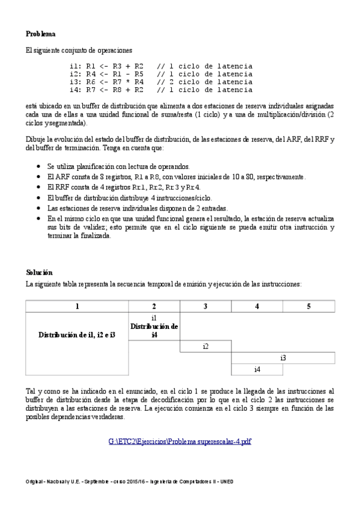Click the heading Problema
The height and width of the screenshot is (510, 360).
coord(41,34)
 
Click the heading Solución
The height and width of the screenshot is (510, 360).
coord(40,272)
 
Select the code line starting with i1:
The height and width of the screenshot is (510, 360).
coord(160,66)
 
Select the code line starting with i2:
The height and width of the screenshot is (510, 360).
coord(160,74)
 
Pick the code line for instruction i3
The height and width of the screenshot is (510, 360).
coord(160,82)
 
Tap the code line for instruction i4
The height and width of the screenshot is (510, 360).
coord(160,90)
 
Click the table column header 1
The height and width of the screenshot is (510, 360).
coord(77,306)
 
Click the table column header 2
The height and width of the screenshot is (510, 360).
coord(154,306)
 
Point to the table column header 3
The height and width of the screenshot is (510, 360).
coord(206,306)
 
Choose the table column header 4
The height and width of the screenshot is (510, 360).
coord(257,306)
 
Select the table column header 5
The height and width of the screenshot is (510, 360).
coord(308,306)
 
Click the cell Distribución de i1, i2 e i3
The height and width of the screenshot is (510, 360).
coord(77,334)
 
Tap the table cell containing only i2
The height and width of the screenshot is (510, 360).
coord(206,346)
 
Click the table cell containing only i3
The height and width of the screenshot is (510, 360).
coord(283,358)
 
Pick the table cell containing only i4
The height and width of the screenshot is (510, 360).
coord(257,369)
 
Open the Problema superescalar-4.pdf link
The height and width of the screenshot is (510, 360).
coord(180,441)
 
